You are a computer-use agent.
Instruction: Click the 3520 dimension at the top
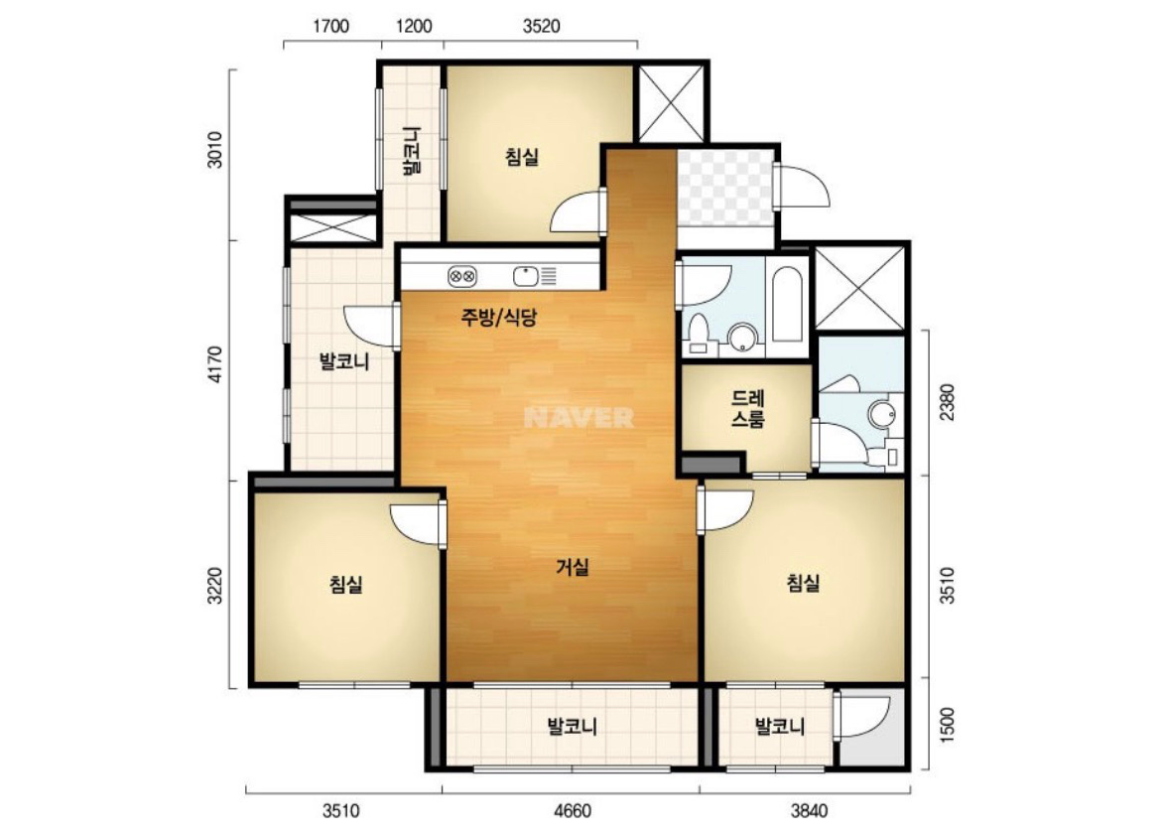541,27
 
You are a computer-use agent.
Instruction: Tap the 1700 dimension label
330,27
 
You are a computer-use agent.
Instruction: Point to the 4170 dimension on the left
214,363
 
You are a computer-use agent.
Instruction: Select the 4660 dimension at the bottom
573,810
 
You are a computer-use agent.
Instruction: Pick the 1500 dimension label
947,725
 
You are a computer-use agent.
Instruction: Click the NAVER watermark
580,418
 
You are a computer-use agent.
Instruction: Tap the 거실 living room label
573,568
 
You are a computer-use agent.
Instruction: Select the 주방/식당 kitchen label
498,317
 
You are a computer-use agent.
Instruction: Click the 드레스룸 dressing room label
748,409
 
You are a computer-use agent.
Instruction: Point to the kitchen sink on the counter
525,276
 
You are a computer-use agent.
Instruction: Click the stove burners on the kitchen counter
462,277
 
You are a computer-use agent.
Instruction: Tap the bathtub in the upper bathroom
786,305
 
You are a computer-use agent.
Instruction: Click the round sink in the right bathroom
881,413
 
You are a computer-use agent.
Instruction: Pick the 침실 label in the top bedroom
522,157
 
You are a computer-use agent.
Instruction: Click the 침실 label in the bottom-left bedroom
345,585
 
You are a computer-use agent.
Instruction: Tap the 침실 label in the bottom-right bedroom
804,583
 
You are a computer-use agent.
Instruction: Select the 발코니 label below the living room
573,726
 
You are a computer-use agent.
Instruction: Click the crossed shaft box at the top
673,103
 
